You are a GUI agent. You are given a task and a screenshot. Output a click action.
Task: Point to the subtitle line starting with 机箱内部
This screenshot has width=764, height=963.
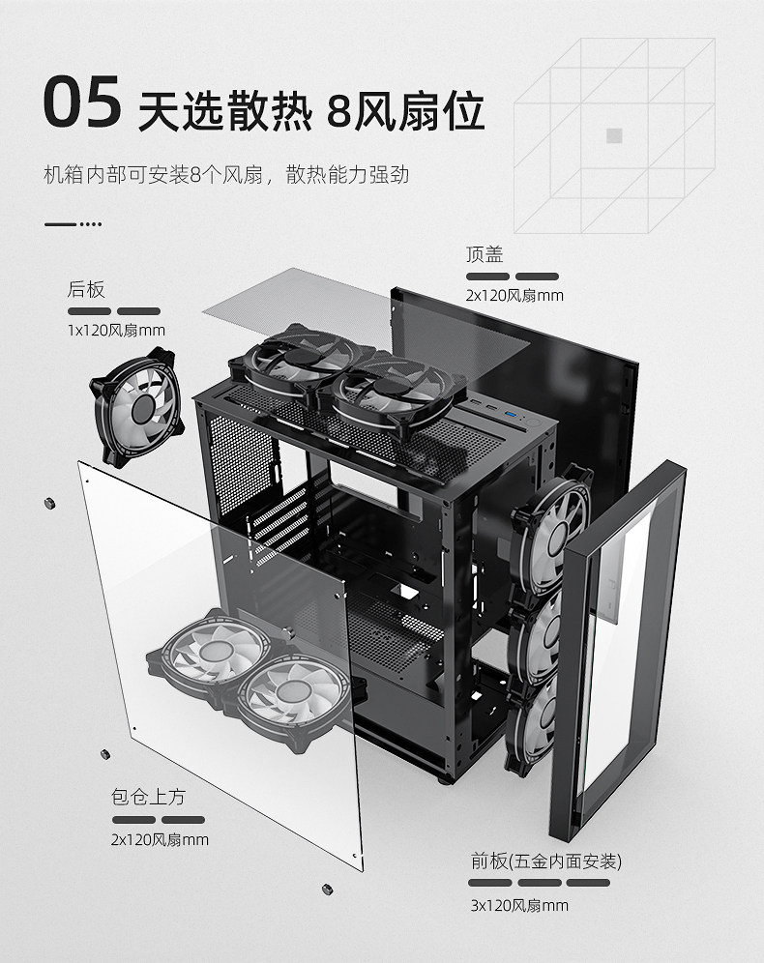(x=226, y=175)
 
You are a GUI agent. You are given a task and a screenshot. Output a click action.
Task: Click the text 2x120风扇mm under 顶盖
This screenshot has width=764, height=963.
(x=514, y=295)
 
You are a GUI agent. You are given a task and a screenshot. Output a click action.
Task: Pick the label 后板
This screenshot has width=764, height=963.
(x=86, y=289)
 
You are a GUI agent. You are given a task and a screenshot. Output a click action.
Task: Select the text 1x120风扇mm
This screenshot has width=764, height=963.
(x=116, y=331)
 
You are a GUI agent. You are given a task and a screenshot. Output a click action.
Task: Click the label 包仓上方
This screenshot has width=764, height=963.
(x=148, y=798)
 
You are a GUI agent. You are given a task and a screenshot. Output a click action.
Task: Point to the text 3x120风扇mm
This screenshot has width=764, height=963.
(x=519, y=906)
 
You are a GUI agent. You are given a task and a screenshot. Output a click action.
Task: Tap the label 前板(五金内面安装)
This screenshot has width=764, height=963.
(x=545, y=861)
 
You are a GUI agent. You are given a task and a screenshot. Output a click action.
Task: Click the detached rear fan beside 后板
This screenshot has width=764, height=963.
(x=139, y=412)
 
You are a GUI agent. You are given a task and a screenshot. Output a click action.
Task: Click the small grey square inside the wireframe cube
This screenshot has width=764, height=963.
(x=613, y=135)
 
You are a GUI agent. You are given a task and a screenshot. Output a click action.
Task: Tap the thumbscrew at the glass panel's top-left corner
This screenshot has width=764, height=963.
(x=49, y=502)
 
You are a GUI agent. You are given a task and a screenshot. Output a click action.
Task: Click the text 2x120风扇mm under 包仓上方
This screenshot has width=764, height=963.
(x=160, y=840)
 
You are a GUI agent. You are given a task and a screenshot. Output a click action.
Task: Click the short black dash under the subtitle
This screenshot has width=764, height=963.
(x=61, y=224)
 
